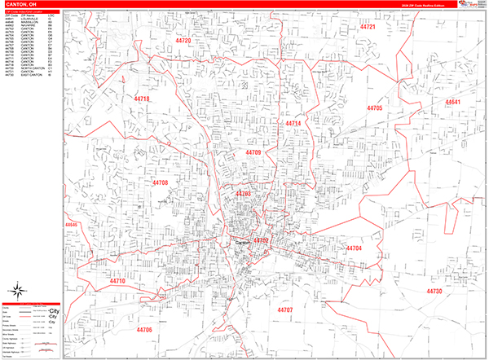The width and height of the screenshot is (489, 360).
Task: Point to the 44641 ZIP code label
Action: click(x=453, y=102)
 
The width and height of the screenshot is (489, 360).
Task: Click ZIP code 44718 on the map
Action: click(x=142, y=99)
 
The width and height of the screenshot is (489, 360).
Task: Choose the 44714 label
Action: click(x=293, y=123)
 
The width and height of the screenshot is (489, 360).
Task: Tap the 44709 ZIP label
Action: click(x=253, y=152)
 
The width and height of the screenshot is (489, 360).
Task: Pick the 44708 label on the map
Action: click(x=159, y=183)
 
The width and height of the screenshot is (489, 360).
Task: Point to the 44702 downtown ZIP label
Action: click(x=261, y=241)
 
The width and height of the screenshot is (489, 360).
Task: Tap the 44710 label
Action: click(x=119, y=281)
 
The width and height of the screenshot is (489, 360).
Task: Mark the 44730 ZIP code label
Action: click(x=434, y=291)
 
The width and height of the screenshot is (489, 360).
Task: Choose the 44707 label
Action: click(x=284, y=310)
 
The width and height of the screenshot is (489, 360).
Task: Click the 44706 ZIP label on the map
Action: click(x=145, y=329)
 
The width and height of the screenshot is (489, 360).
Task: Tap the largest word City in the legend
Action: click(x=55, y=313)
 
